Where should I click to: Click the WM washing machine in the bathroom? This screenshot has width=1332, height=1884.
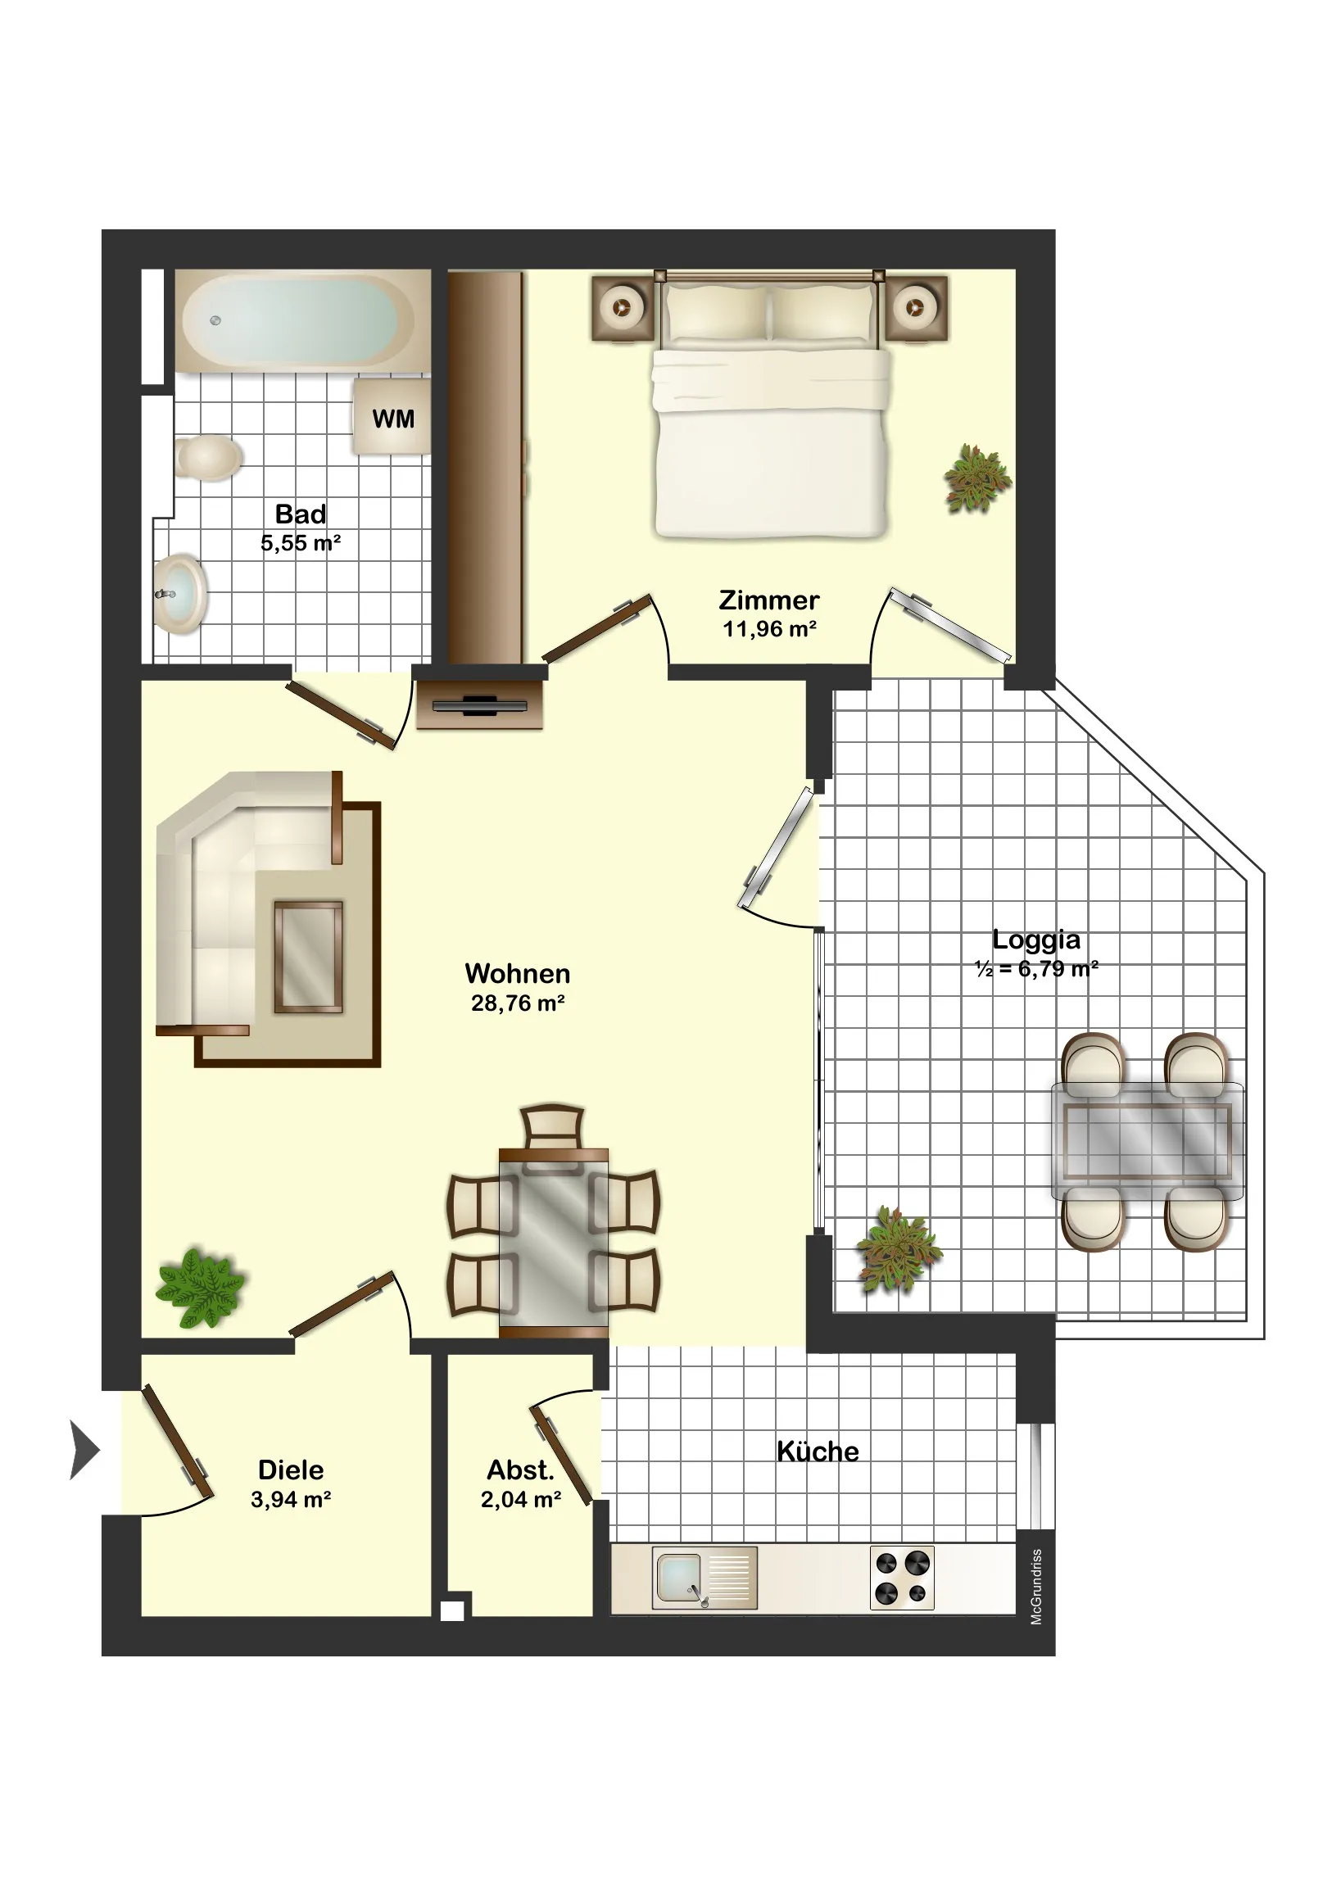click(392, 416)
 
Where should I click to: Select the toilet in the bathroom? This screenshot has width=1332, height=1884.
click(207, 457)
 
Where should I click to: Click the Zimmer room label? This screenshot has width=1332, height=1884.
click(769, 600)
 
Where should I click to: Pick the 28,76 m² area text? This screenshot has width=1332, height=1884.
click(518, 1003)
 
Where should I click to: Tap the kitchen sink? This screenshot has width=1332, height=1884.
click(705, 1578)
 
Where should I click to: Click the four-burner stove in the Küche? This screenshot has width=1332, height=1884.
click(901, 1578)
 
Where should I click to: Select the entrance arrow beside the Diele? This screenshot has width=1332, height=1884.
click(84, 1450)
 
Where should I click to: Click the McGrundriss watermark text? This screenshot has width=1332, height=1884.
click(1036, 1587)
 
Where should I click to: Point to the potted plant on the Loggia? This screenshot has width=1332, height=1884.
click(899, 1251)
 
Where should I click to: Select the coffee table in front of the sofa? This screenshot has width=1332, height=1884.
click(309, 957)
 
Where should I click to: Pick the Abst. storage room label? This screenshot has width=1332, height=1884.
click(520, 1470)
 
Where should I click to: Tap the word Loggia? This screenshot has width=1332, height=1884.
click(1035, 940)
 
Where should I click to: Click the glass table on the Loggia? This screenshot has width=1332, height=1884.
click(1148, 1141)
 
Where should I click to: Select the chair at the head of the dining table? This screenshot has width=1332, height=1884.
click(553, 1128)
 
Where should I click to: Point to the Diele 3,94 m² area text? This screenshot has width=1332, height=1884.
click(291, 1499)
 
